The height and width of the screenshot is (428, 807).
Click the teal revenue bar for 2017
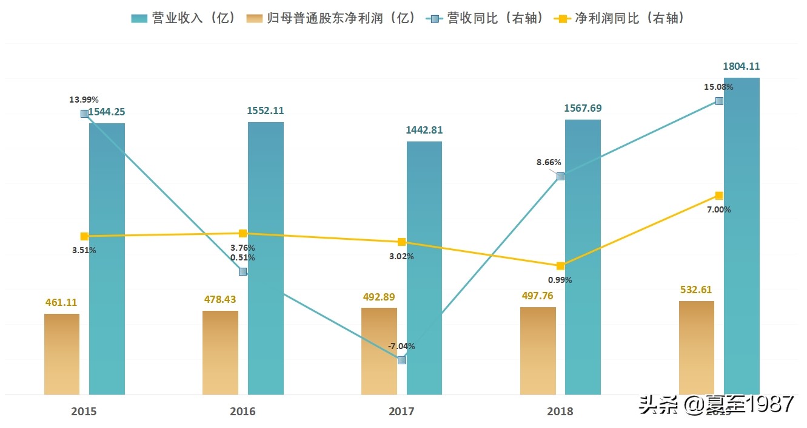click(x=424, y=267)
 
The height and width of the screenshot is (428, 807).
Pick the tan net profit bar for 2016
click(x=220, y=353)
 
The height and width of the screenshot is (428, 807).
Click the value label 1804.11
click(x=741, y=66)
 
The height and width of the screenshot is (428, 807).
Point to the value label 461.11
click(x=61, y=302)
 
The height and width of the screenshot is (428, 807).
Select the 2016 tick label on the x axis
click(x=243, y=411)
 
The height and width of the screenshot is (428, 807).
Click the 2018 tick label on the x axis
click(x=560, y=411)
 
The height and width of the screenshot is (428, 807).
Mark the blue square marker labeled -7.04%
click(x=401, y=360)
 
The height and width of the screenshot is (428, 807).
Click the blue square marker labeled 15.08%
click(x=719, y=101)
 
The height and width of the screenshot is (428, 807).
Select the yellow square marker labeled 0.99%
click(x=560, y=266)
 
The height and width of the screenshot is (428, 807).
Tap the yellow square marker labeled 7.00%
click(x=719, y=195)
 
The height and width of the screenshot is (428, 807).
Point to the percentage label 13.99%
click(x=84, y=100)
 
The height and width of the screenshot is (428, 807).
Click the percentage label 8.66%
click(x=549, y=163)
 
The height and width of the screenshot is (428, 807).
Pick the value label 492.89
click(x=378, y=297)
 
